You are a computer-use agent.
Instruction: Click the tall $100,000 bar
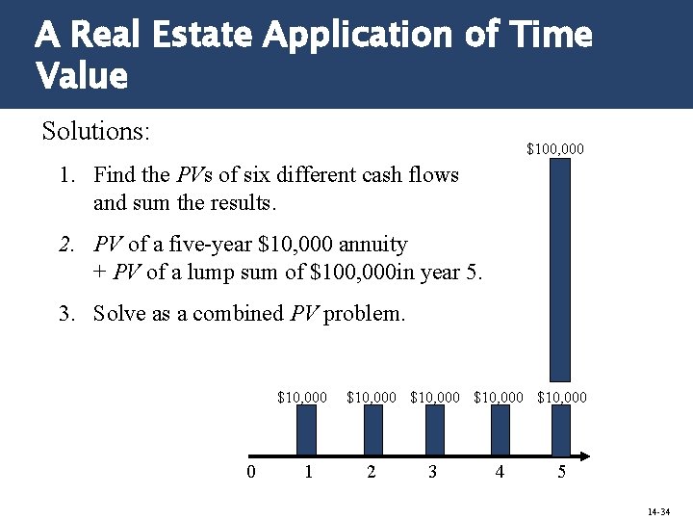pyautogui.click(x=559, y=270)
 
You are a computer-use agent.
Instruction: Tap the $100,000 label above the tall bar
pyautogui.click(x=554, y=149)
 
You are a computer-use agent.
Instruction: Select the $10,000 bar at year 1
pyautogui.click(x=306, y=428)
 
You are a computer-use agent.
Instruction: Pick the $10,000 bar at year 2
pyautogui.click(x=372, y=428)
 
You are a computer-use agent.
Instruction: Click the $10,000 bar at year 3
pyautogui.click(x=435, y=428)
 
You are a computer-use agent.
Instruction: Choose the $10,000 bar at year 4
pyautogui.click(x=500, y=428)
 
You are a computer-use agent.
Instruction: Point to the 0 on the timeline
pyautogui.click(x=250, y=472)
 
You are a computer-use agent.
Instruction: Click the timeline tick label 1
pyautogui.click(x=308, y=472)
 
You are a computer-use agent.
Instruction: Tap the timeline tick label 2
pyautogui.click(x=372, y=472)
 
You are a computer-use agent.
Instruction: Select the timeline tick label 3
pyautogui.click(x=433, y=472)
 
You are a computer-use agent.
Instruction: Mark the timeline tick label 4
pyautogui.click(x=499, y=472)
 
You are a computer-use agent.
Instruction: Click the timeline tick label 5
pyautogui.click(x=562, y=472)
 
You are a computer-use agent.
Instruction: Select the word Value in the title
pyautogui.click(x=82, y=75)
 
